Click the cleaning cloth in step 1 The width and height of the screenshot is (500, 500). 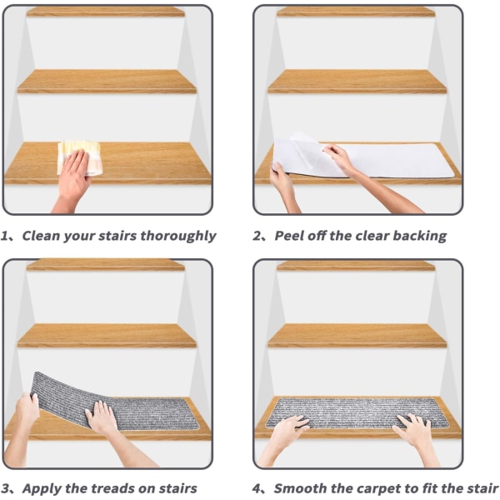click(x=80, y=157)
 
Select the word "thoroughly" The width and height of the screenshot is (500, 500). click(x=178, y=237)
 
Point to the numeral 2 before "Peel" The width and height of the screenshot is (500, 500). click(x=257, y=237)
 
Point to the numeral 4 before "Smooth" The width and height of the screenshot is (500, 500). click(x=257, y=488)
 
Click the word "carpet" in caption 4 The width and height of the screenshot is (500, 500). click(x=360, y=489)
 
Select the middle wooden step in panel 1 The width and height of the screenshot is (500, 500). click(x=107, y=82)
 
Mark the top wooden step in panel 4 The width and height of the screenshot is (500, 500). click(x=356, y=265)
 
